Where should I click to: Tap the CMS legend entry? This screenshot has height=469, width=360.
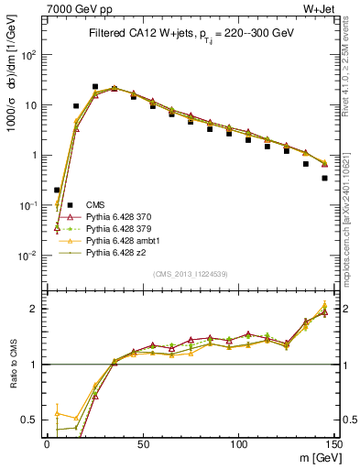click(x=95, y=204)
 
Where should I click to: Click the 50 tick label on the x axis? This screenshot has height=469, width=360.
click(x=142, y=442)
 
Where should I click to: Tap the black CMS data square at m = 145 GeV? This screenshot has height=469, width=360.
click(x=324, y=179)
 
